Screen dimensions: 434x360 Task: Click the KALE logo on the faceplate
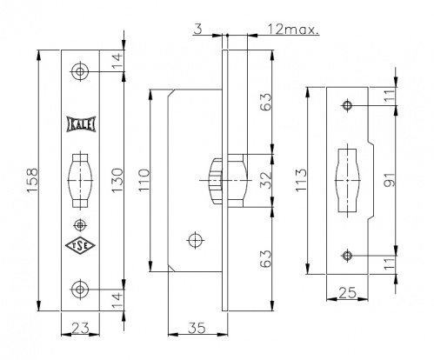click(x=81, y=124)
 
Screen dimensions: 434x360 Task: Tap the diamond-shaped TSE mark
click(x=80, y=246)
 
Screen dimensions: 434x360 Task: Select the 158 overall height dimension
click(x=32, y=180)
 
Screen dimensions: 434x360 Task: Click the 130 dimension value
click(x=117, y=180)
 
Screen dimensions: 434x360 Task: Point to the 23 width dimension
click(x=80, y=329)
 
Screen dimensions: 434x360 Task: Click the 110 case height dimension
click(x=144, y=180)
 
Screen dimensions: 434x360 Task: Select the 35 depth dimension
click(x=197, y=328)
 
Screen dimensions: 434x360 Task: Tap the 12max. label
click(x=292, y=30)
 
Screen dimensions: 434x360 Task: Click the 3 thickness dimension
click(x=197, y=29)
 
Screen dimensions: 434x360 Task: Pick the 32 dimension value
click(x=266, y=180)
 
